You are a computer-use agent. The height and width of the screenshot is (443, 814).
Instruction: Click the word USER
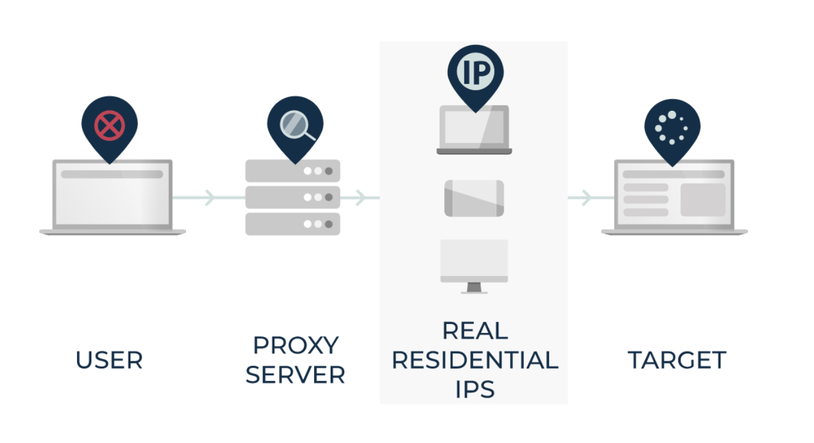[110, 360]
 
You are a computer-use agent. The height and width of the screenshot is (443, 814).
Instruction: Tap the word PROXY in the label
[296, 345]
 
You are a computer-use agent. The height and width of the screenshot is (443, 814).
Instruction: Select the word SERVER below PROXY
[296, 375]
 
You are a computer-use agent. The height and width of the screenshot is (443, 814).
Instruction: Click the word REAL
[475, 330]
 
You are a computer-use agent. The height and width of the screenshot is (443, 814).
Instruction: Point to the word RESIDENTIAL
[475, 360]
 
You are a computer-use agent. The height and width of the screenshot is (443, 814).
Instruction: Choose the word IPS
[475, 389]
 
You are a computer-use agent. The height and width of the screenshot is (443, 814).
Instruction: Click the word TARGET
[677, 360]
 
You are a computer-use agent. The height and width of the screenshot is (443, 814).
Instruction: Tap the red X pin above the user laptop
[110, 126]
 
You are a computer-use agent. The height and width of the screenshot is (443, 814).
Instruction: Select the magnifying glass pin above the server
[295, 126]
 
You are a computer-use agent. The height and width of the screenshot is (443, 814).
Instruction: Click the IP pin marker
[475, 73]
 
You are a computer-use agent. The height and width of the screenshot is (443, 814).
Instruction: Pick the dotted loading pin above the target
[672, 126]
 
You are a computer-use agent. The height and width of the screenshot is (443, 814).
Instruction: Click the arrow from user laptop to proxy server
[209, 197]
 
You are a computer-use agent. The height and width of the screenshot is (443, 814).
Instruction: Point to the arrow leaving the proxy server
[360, 197]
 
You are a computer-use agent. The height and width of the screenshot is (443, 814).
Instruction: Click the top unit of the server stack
[293, 171]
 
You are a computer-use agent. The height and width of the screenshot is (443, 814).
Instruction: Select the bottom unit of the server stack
[293, 224]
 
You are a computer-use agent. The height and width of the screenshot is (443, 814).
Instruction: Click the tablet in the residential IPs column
[474, 198]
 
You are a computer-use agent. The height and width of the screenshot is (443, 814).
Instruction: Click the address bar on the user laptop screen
[112, 175]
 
